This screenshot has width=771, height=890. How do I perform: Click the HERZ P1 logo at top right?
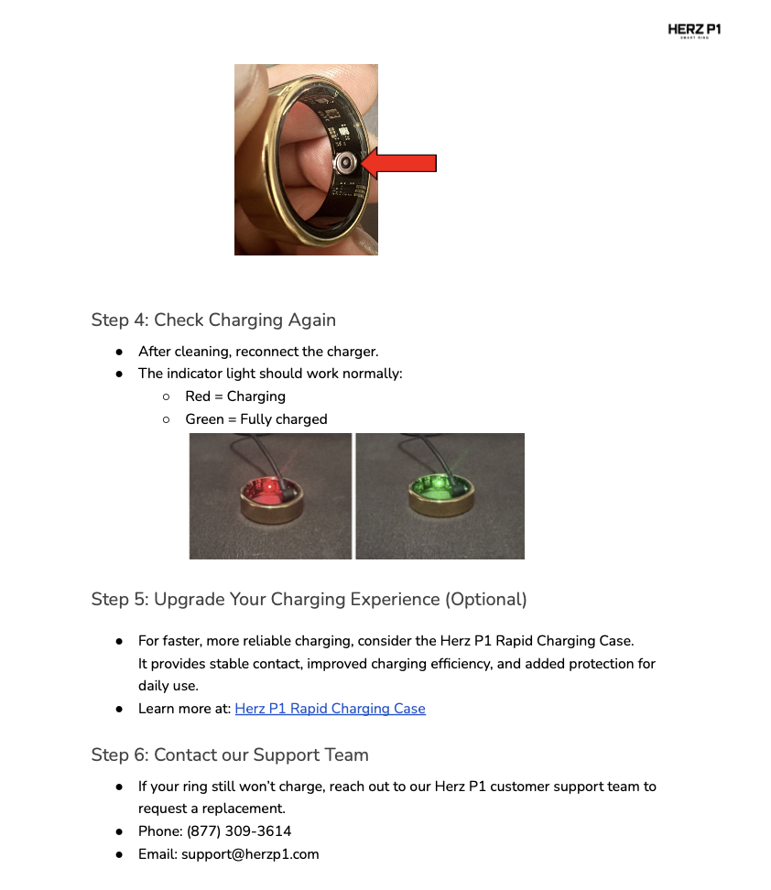[694, 31]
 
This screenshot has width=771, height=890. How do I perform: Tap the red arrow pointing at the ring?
[399, 163]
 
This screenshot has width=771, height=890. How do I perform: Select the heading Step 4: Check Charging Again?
[213, 320]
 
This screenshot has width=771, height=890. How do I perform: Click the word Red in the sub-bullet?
[198, 396]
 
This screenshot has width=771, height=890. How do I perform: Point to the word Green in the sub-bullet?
[204, 419]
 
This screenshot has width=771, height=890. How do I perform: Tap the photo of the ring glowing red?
[270, 495]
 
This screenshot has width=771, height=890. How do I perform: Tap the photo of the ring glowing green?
[440, 495]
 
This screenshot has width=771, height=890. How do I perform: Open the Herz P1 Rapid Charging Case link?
[330, 709]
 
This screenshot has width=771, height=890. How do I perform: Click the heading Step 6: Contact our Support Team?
[230, 755]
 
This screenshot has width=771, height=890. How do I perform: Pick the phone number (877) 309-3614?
[239, 831]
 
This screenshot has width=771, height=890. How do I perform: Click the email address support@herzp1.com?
[250, 854]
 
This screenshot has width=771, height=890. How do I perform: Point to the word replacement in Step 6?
[244, 809]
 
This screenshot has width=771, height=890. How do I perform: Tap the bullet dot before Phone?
[119, 831]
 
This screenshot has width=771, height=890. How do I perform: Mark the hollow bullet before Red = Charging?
[166, 396]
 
